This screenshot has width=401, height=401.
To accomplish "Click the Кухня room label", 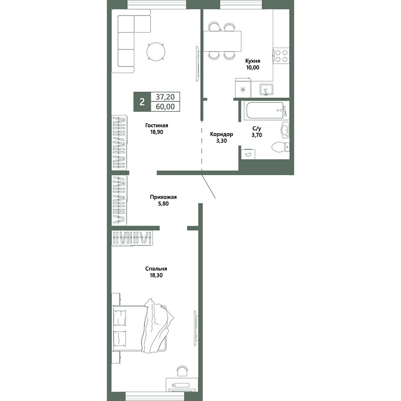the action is (253, 61).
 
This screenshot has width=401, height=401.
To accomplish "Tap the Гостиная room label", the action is (156, 125).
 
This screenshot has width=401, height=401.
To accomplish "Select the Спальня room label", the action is (156, 269).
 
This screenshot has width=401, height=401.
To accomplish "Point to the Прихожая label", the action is (163, 197).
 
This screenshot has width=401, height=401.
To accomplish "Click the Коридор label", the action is (222, 134).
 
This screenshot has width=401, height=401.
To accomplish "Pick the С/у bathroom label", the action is (257, 129).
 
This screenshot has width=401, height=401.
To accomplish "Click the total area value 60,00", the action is (165, 106).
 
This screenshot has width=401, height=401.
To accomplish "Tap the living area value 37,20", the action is (165, 97).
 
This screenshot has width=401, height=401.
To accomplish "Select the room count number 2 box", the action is (142, 102).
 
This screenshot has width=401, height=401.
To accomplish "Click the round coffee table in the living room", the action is (156, 51).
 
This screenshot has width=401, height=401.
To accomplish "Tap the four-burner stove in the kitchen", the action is (281, 56).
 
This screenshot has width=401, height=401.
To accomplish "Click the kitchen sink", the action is (266, 90).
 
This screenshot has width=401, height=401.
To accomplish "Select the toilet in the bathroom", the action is (280, 147).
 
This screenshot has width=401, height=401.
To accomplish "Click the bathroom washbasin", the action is (285, 130).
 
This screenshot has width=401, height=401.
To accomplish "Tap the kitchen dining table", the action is (222, 41).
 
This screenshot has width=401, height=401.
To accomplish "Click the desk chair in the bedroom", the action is (182, 371).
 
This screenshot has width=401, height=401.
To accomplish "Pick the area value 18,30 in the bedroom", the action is (156, 275).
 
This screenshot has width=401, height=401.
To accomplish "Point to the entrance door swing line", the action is (209, 186).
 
